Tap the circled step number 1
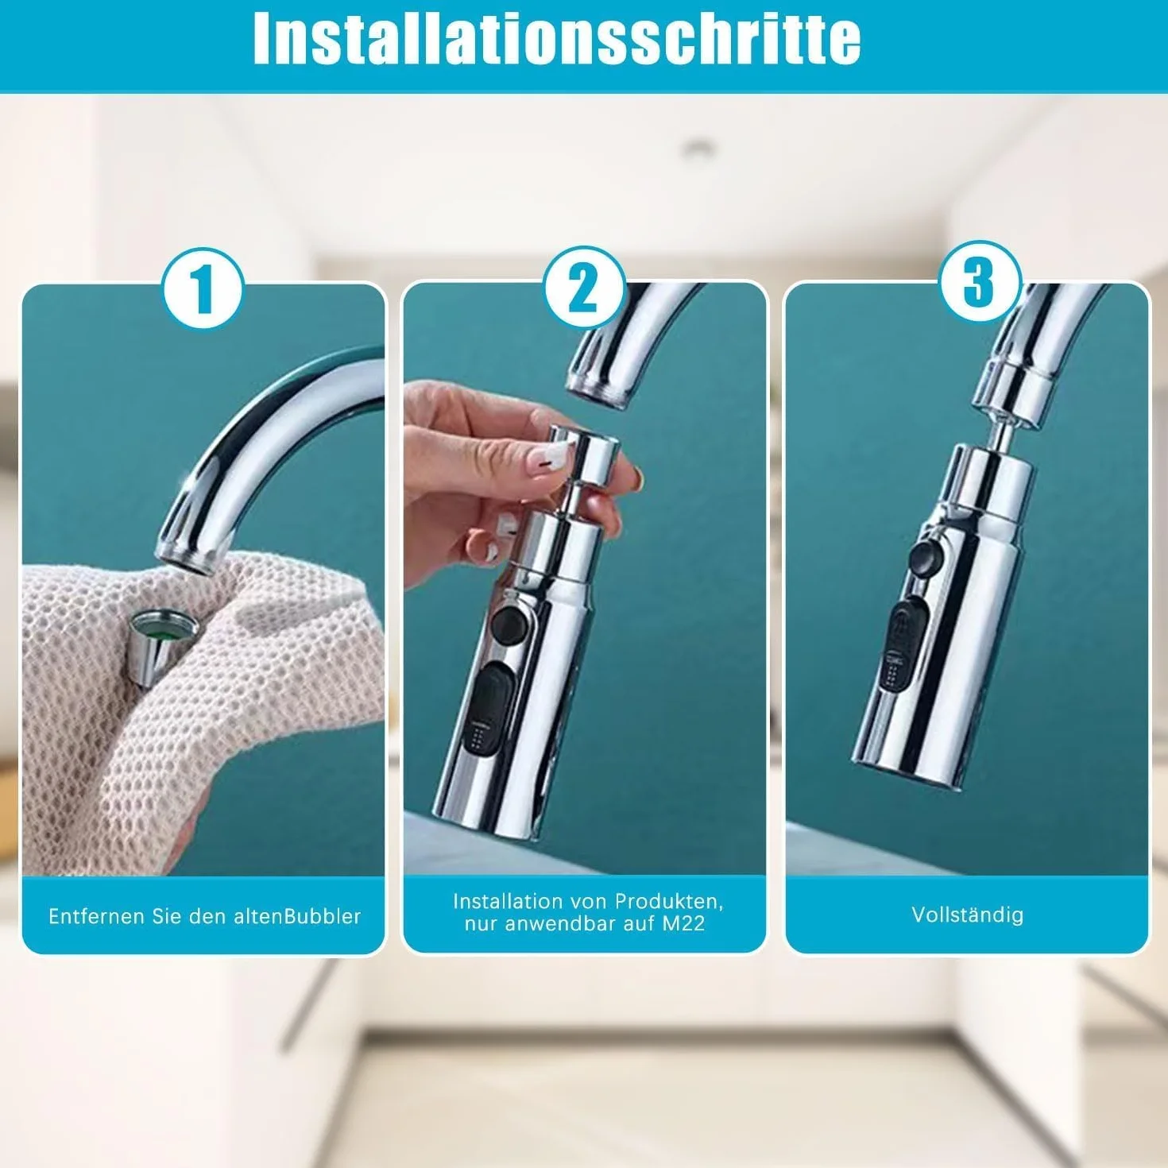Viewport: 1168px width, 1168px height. [x=203, y=288]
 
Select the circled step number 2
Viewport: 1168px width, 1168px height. [x=584, y=288]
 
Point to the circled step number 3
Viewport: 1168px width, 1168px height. [x=980, y=282]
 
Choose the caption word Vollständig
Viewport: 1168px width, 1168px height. [x=967, y=915]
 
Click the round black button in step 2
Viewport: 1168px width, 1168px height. [x=509, y=625]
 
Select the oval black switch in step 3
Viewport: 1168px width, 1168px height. [x=907, y=645]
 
